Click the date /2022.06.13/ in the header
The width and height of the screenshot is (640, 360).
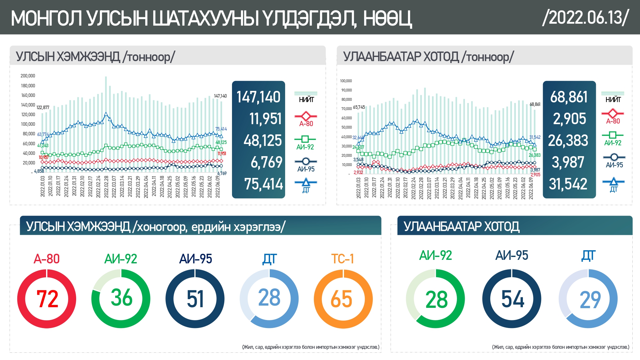[586, 17]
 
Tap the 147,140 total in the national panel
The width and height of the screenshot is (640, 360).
[258, 97]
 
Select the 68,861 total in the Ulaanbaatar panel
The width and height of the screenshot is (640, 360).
[569, 97]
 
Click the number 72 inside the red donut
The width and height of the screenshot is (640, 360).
[47, 299]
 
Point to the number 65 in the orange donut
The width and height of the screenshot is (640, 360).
[341, 299]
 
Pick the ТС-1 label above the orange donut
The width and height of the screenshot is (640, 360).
[342, 259]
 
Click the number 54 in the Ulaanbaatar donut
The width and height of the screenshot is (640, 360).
[513, 299]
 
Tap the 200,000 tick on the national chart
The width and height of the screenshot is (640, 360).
[28, 76]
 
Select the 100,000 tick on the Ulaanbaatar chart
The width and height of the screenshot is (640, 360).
[346, 81]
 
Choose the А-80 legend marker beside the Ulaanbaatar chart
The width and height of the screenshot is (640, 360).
[612, 114]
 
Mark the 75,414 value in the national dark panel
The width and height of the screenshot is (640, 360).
[263, 184]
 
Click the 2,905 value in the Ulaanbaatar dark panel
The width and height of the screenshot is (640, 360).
[569, 119]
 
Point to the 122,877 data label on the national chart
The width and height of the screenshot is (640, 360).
[43, 108]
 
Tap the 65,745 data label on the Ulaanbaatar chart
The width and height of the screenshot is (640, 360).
[359, 107]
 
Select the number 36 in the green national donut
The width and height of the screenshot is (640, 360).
[121, 297]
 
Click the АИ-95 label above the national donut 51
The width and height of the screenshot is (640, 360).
[196, 259]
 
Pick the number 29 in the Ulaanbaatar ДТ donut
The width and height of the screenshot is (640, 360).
[590, 300]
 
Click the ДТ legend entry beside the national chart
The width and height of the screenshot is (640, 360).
[306, 186]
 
